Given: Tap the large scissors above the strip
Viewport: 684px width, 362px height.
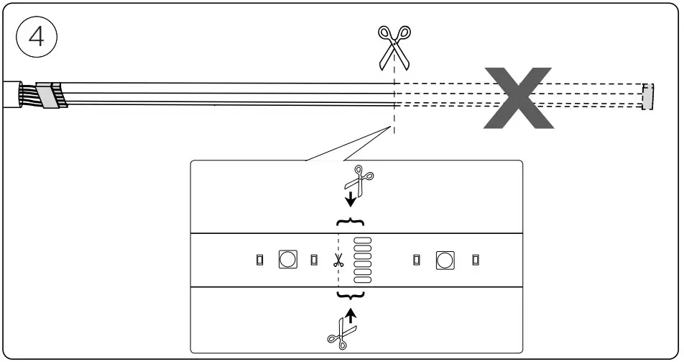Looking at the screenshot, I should (x=394, y=47).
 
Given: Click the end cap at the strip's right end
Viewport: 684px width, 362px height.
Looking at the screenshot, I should (x=648, y=96).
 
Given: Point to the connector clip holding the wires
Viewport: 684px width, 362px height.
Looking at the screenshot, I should (x=51, y=96).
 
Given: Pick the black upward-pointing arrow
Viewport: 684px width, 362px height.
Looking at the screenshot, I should (x=351, y=315).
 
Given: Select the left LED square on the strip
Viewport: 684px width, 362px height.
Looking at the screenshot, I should (x=287, y=259).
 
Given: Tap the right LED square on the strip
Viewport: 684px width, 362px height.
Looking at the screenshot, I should (x=445, y=259).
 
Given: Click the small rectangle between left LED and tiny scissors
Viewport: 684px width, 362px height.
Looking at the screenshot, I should (x=314, y=259).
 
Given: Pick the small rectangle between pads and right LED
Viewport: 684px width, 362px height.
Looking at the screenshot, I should (x=417, y=259).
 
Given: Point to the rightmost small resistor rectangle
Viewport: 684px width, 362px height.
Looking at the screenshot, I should (x=475, y=259).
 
